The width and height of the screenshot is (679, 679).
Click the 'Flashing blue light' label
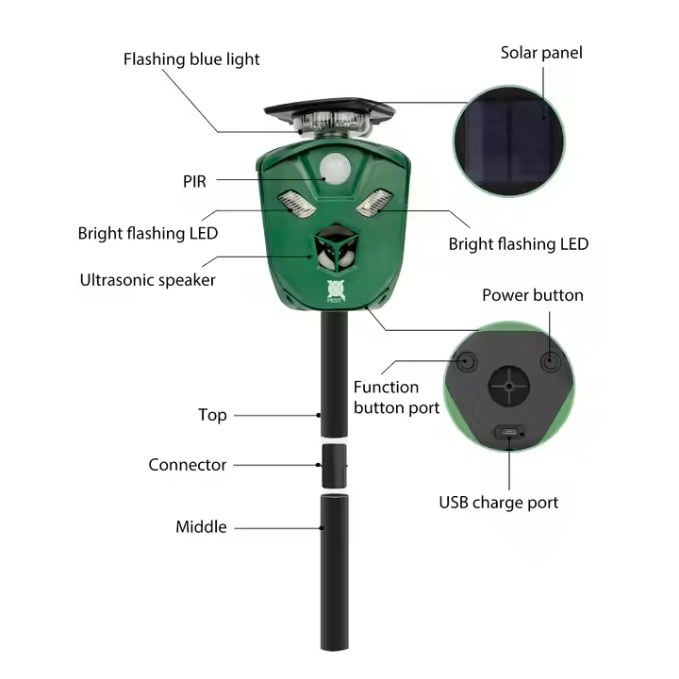191,59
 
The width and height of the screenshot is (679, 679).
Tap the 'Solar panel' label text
541,53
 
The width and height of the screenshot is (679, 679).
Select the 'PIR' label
194,181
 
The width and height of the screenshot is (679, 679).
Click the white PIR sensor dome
335,169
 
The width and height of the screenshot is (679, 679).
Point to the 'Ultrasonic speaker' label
148,280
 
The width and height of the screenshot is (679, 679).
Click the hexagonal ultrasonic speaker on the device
337,250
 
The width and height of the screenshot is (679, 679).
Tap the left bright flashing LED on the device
297,204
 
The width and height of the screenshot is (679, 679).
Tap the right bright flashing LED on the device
374,202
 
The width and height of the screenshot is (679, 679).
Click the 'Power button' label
533,295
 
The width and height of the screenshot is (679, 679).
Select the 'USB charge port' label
499,503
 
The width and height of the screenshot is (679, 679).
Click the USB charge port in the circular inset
509,432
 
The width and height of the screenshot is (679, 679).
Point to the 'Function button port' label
396,398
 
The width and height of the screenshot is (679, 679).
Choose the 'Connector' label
187,465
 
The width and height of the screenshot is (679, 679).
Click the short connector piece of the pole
334,467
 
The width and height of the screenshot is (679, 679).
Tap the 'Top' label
212,415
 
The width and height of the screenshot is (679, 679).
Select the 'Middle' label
201,527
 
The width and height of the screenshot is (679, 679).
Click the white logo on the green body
336,290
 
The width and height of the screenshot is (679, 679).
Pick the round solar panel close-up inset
509,141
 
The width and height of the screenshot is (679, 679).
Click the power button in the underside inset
550,360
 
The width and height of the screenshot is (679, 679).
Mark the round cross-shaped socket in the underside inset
509,387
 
